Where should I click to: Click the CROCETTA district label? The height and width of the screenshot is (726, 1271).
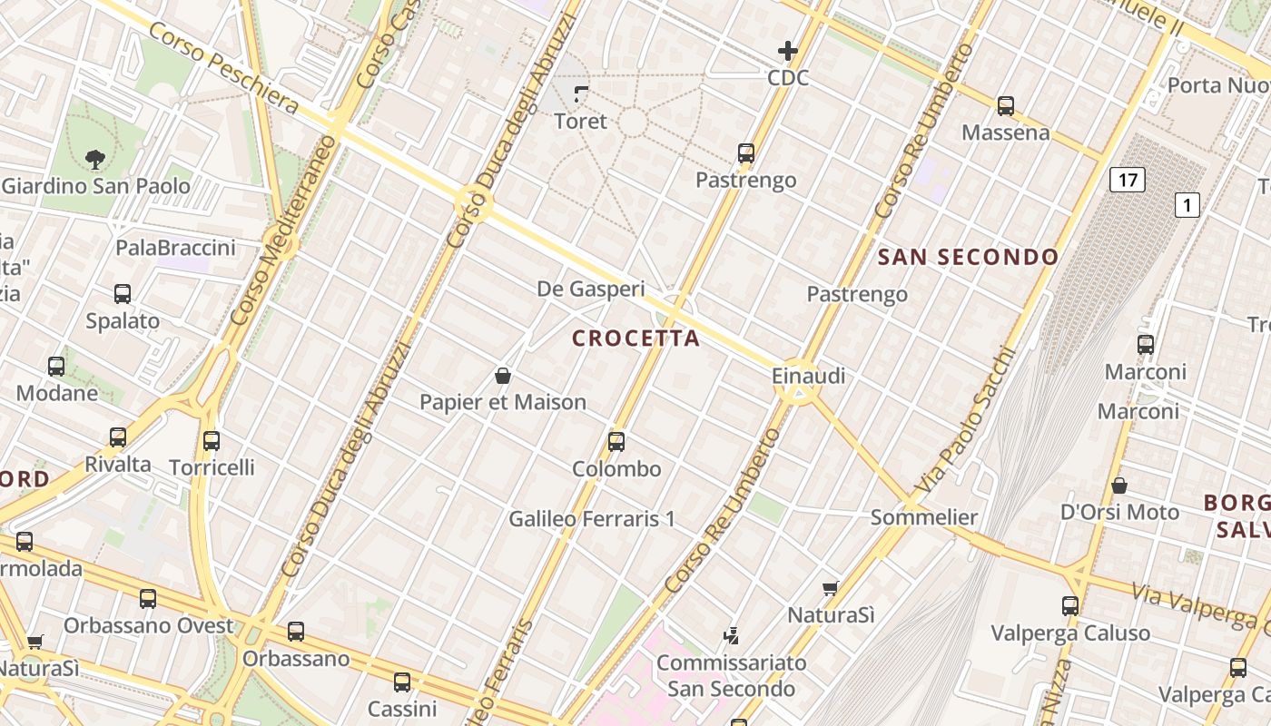pyautogui.click(x=635, y=338)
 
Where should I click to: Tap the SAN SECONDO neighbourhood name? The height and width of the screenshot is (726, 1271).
pyautogui.click(x=968, y=257)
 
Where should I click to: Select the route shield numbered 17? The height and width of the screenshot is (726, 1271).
pyautogui.click(x=1127, y=180)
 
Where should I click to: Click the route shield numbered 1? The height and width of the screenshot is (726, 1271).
pyautogui.click(x=1187, y=205)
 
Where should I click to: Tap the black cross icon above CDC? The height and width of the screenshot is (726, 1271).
pyautogui.click(x=787, y=51)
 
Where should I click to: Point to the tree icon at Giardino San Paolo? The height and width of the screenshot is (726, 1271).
pyautogui.click(x=94, y=160)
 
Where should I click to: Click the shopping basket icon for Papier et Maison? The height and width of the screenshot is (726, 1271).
pyautogui.click(x=502, y=375)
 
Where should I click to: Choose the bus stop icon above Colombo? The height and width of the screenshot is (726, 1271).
pyautogui.click(x=616, y=442)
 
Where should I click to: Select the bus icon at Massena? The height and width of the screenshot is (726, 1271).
pyautogui.click(x=1005, y=105)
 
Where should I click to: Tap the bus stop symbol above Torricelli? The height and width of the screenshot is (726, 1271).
pyautogui.click(x=212, y=440)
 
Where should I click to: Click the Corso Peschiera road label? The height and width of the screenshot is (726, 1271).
pyautogui.click(x=222, y=69)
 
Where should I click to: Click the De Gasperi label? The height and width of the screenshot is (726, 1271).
pyautogui.click(x=591, y=289)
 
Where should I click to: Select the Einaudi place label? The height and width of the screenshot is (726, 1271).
pyautogui.click(x=808, y=375)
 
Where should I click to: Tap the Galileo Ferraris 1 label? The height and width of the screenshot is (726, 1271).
pyautogui.click(x=592, y=519)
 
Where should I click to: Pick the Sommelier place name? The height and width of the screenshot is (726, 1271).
pyautogui.click(x=924, y=517)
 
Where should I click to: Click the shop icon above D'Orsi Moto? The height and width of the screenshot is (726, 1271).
pyautogui.click(x=1119, y=486)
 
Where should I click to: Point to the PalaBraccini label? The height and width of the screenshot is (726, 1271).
pyautogui.click(x=175, y=248)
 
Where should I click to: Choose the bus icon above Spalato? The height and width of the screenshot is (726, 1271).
pyautogui.click(x=123, y=294)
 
